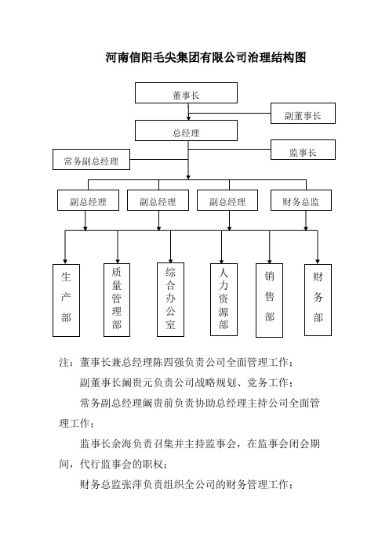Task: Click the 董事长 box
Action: [186, 93]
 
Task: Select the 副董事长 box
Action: [303, 114]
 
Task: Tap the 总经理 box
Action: [186, 131]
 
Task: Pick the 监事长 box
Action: [303, 150]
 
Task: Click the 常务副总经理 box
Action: [91, 160]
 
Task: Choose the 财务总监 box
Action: [301, 201]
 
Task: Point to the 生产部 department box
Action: [66, 300]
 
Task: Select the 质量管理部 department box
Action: [117, 300]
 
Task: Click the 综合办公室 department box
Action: [170, 299]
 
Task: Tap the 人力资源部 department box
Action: [224, 299]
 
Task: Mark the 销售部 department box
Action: [269, 300]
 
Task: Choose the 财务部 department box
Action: [318, 300]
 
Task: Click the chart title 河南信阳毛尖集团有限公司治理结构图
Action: [205, 57]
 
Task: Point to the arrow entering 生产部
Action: [65, 247]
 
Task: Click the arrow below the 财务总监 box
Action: [306, 221]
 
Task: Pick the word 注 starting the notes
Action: [64, 362]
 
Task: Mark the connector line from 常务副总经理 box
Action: [159, 160]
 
